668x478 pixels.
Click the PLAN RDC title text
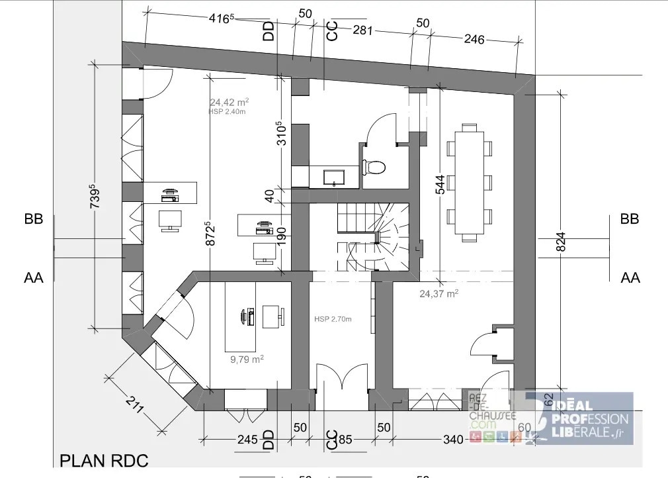tap(104, 461)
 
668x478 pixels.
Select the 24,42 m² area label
tap(229, 103)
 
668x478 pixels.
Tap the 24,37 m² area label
tap(439, 293)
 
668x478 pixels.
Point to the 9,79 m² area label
tap(247, 359)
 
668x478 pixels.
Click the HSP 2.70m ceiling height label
tap(333, 319)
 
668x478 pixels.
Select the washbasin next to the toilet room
tap(333, 177)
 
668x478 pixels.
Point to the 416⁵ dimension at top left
tap(222, 18)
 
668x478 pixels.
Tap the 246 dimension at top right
tap(474, 39)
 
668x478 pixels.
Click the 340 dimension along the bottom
tap(452, 438)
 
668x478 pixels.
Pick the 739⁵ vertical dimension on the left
tap(94, 197)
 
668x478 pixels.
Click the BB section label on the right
tap(629, 219)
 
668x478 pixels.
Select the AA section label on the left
tap(34, 278)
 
